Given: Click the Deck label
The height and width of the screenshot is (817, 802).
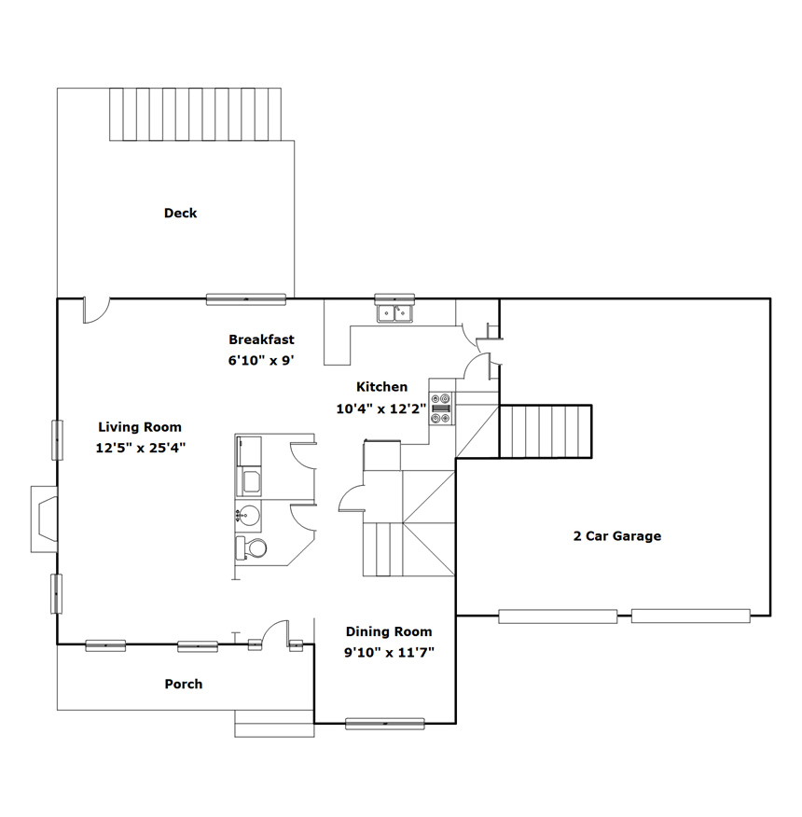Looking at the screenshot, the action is [180, 213].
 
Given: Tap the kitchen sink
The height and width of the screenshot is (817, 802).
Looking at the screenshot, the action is [394, 313].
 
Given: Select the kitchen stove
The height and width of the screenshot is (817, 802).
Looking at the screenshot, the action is [441, 408].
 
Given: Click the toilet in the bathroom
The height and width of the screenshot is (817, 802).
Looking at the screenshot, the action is [251, 548].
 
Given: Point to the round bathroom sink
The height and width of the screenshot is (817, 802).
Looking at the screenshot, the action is [248, 516].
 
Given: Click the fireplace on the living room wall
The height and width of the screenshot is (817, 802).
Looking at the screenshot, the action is [44, 519].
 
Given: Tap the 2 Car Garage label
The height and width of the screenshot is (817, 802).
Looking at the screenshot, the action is [617, 536].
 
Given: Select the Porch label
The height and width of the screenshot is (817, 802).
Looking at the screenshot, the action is [184, 685].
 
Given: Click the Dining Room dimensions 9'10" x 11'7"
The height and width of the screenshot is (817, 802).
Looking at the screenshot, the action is [389, 652].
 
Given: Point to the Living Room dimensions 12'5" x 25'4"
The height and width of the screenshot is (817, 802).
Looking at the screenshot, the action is [141, 448].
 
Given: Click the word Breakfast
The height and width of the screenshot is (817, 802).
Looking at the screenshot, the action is [262, 339].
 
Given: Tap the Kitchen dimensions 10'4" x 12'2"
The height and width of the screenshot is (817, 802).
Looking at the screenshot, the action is [381, 408].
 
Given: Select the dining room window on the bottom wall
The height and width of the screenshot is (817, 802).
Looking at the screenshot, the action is [384, 723].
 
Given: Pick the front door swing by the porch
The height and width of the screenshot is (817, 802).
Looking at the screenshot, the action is [275, 632].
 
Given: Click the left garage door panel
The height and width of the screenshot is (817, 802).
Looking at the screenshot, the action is [558, 616].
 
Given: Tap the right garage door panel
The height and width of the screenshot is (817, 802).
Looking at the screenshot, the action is [690, 616].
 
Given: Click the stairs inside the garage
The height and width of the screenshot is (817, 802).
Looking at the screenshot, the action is [546, 432].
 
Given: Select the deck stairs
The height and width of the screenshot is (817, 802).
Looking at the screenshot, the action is [196, 114].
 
